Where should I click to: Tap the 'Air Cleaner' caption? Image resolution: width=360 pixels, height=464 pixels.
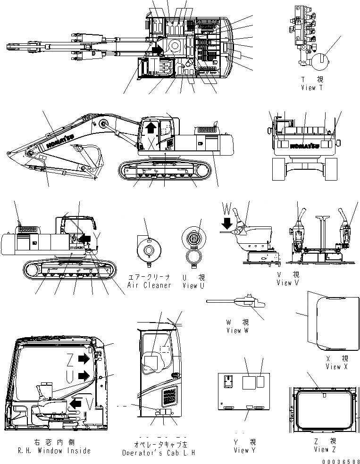click(149, 285)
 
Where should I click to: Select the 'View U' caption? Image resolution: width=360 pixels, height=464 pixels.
click(193, 285)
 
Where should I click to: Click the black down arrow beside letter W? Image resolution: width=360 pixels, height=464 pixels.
click(228, 222)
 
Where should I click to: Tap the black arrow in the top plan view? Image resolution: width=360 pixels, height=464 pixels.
click(157, 49)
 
